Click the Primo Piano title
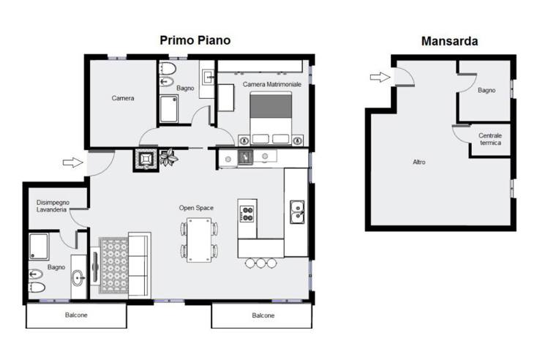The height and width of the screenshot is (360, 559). [x=195, y=40]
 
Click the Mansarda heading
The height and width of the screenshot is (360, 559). [x=449, y=41]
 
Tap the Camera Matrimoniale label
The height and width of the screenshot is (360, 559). [x=272, y=84]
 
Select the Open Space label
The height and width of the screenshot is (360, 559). [x=196, y=208]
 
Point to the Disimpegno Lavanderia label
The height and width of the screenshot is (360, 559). [x=53, y=206]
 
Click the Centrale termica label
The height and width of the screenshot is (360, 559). [x=490, y=139]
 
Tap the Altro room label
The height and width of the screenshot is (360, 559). [x=419, y=162]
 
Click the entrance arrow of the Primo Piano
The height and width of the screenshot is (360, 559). [x=72, y=162]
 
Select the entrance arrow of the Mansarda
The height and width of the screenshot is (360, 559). [x=380, y=77]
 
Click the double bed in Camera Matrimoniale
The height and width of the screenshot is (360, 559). [x=271, y=118]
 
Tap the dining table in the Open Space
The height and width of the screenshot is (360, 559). [x=199, y=240]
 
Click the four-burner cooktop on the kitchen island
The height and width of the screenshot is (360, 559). [x=247, y=214]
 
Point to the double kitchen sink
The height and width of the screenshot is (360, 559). [x=296, y=212]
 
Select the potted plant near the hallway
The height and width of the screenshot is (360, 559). [x=168, y=157]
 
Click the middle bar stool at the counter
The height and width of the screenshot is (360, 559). [x=261, y=263]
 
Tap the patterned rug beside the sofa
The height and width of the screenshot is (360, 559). [x=113, y=266]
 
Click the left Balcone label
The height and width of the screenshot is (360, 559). [x=76, y=315]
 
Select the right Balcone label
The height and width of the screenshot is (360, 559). [x=263, y=315]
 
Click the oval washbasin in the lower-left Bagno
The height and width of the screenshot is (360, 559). [x=78, y=277]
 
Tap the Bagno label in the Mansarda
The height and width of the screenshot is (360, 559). [x=487, y=91]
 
